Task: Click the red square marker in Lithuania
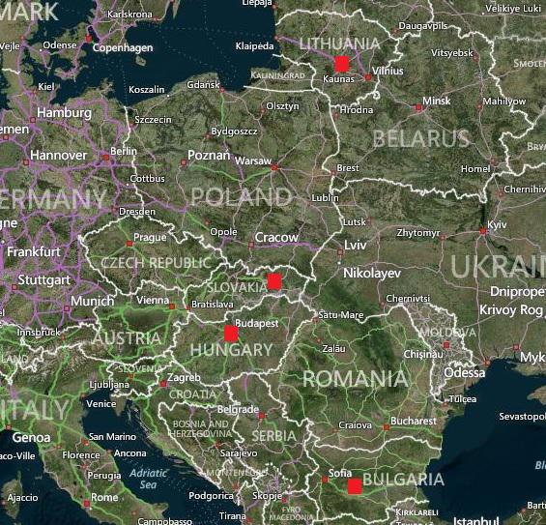click(341, 63)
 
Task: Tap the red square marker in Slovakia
click(274, 281)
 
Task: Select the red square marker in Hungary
click(231, 334)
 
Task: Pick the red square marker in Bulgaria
click(355, 486)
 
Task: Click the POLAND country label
click(241, 197)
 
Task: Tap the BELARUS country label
click(420, 138)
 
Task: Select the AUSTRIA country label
click(127, 338)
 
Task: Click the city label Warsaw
click(253, 160)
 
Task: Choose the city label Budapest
click(256, 322)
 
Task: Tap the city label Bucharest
click(416, 422)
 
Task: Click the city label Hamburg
click(64, 113)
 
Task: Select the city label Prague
click(150, 237)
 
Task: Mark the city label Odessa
click(465, 372)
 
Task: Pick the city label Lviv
click(356, 246)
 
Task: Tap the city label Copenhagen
click(123, 47)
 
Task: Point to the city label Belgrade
click(238, 409)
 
